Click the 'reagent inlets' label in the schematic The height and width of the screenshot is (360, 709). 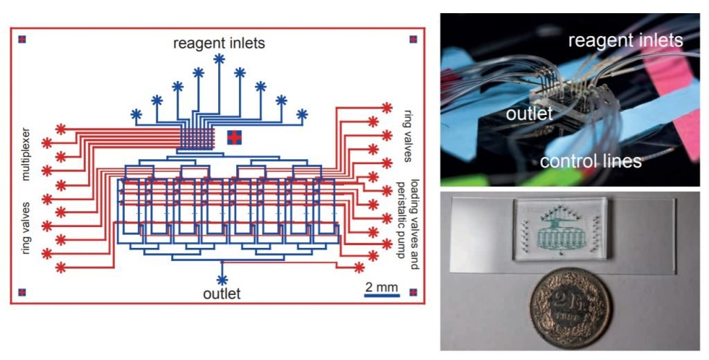coord(219,44)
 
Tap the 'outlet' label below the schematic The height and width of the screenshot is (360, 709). coord(222,294)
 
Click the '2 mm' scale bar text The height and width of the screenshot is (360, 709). coord(382,286)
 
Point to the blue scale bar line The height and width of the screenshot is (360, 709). coord(382,296)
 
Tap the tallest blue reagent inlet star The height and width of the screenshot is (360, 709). coord(219,60)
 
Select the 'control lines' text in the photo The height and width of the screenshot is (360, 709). coord(591,162)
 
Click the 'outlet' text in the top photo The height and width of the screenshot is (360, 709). coord(529,113)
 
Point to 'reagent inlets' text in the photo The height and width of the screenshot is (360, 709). coord(625,41)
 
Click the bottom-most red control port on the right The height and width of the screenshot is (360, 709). coord(359,267)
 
